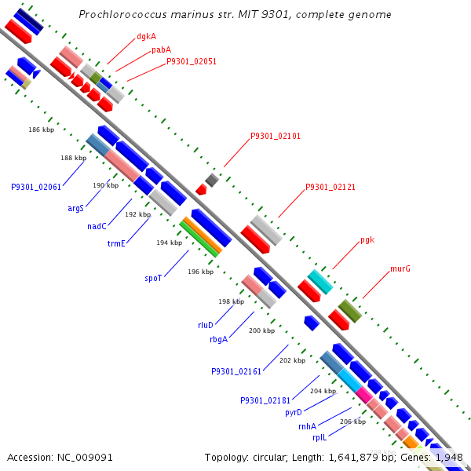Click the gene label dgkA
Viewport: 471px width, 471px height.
click(146, 36)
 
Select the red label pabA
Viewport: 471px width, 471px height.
click(162, 49)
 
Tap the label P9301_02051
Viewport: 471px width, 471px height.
click(192, 61)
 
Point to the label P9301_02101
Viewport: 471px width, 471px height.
click(276, 136)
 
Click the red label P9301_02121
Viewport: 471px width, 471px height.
click(330, 187)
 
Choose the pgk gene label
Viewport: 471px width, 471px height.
click(367, 239)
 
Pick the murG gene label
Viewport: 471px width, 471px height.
click(400, 268)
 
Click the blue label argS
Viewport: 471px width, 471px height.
click(75, 208)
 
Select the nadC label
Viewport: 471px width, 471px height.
click(97, 226)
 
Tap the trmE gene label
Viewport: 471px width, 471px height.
click(116, 243)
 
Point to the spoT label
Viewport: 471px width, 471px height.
click(153, 278)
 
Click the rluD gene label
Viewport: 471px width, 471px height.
click(206, 324)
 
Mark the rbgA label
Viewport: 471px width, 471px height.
click(218, 339)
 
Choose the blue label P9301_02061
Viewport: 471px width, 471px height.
click(36, 187)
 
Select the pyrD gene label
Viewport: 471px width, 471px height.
click(294, 412)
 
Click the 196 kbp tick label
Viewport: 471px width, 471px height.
click(201, 272)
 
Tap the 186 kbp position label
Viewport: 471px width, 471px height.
click(41, 130)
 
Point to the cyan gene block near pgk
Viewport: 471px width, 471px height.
click(319, 281)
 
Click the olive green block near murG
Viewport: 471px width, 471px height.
click(349, 311)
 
